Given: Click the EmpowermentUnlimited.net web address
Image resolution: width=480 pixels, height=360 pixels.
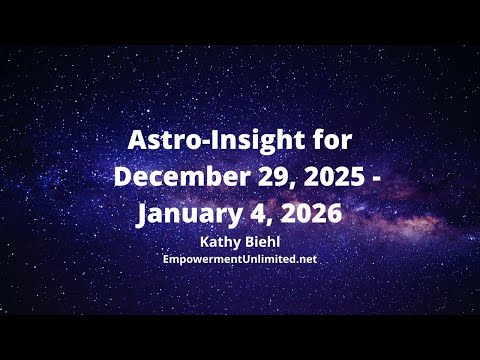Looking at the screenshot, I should pyautogui.click(x=239, y=258).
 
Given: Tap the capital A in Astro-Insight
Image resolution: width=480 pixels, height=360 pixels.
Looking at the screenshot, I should pyautogui.click(x=137, y=139).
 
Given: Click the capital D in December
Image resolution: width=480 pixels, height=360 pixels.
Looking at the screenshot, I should pyautogui.click(x=124, y=177).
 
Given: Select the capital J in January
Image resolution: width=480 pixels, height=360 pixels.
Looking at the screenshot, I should pyautogui.click(x=143, y=214).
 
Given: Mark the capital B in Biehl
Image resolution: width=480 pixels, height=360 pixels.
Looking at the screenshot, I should pyautogui.click(x=246, y=242).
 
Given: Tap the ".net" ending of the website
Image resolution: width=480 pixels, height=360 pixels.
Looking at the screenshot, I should pyautogui.click(x=304, y=258).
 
